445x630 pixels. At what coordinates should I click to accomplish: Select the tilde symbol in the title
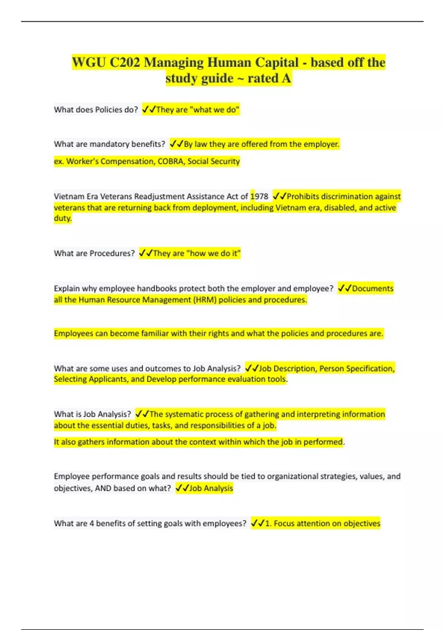pyautogui.click(x=240, y=79)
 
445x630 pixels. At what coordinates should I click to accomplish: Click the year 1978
pyautogui.click(x=259, y=196)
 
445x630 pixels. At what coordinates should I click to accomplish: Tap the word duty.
pyautogui.click(x=62, y=218)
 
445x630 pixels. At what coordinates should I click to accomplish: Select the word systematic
pyautogui.click(x=184, y=414)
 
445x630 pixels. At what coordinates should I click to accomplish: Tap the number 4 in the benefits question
pyautogui.click(x=92, y=524)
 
